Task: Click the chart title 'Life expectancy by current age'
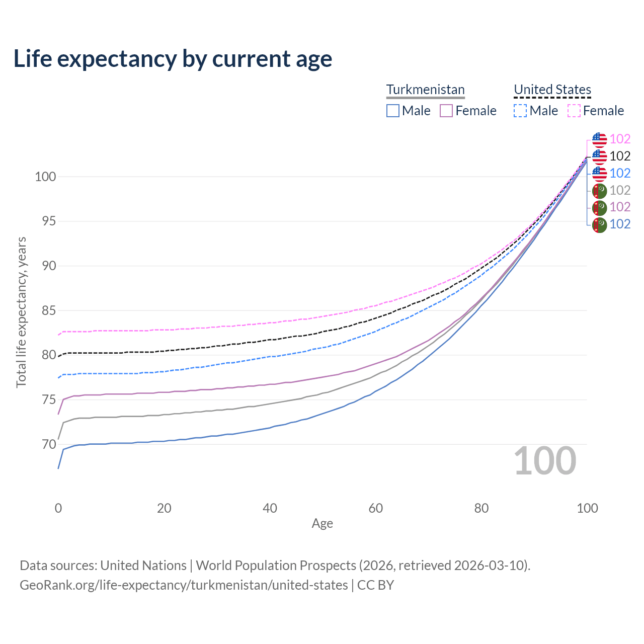pos(173,59)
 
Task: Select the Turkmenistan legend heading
pos(425,90)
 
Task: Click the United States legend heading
pos(552,90)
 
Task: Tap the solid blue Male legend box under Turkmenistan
pos(393,111)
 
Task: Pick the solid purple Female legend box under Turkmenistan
pos(446,111)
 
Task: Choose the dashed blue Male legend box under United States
pos(520,111)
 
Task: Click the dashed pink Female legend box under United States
pos(574,111)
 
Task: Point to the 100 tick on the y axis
pos(45,177)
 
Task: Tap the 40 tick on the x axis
pos(270,508)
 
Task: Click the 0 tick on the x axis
pos(58,508)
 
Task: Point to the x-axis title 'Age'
pos(322,524)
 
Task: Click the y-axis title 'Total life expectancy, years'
pos(21,312)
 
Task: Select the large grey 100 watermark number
pos(544,461)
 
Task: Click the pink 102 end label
pos(620,139)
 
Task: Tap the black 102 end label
pos(620,156)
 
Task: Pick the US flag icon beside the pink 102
pos(599,139)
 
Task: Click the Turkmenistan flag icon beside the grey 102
pos(599,191)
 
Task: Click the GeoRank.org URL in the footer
pos(184,585)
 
